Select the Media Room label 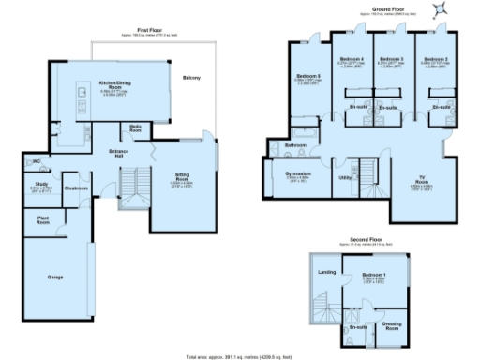point(135,129)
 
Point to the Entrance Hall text point(118,152)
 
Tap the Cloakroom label point(76,188)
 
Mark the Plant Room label point(43,220)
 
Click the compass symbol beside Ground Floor point(438,9)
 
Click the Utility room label point(344,176)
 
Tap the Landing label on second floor point(327,272)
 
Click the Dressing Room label point(393,326)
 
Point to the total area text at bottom point(240,356)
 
